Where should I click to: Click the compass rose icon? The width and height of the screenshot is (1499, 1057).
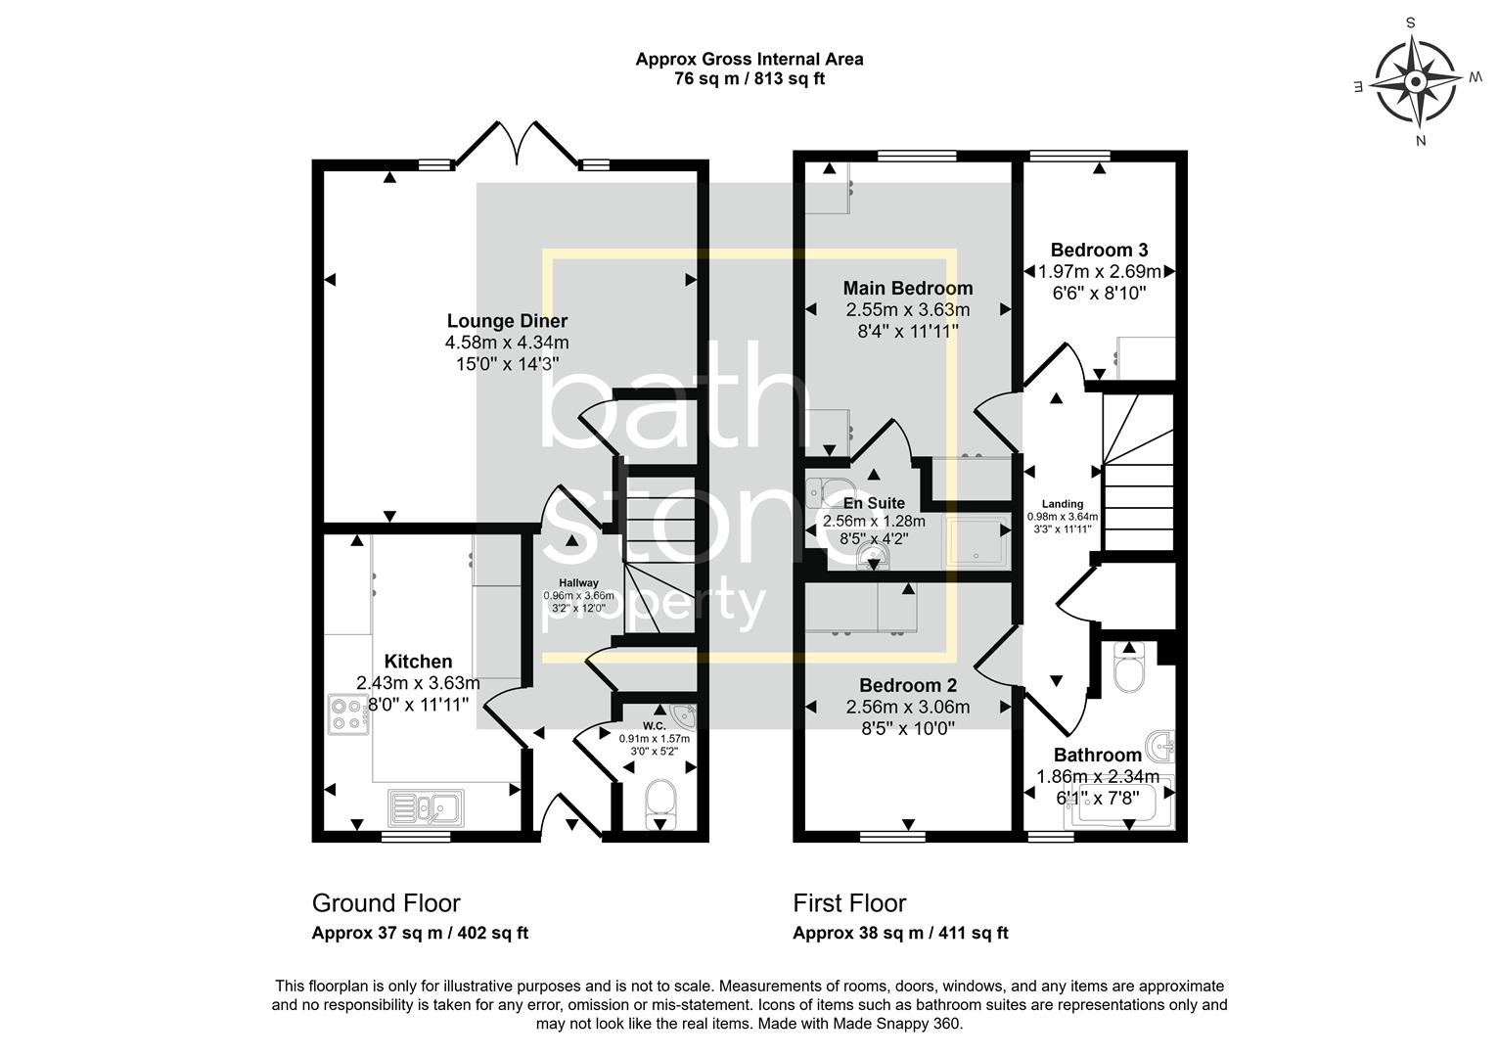pyautogui.click(x=1416, y=80)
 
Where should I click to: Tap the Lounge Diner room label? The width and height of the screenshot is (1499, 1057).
pyautogui.click(x=507, y=321)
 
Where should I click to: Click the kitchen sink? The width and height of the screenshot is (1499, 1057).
pyautogui.click(x=427, y=807)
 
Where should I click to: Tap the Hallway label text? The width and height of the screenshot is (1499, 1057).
pyautogui.click(x=578, y=582)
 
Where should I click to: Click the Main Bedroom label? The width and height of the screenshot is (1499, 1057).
pyautogui.click(x=908, y=288)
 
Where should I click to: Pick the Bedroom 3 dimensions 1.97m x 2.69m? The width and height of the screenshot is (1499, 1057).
pyautogui.click(x=1099, y=271)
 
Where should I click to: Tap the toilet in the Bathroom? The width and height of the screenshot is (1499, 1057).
pyautogui.click(x=1129, y=670)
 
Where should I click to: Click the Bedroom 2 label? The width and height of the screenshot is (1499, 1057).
pyautogui.click(x=908, y=685)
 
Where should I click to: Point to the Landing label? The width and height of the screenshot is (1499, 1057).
pyautogui.click(x=1062, y=504)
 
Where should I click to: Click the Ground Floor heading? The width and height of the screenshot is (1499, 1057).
pyautogui.click(x=386, y=902)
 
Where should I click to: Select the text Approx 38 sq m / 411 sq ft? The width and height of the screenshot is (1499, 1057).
pyautogui.click(x=900, y=933)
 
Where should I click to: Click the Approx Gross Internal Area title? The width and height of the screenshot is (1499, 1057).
pyautogui.click(x=749, y=59)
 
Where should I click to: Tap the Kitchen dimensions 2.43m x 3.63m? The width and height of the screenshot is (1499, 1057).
pyautogui.click(x=419, y=683)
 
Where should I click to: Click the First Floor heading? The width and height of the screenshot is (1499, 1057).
pyautogui.click(x=849, y=902)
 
